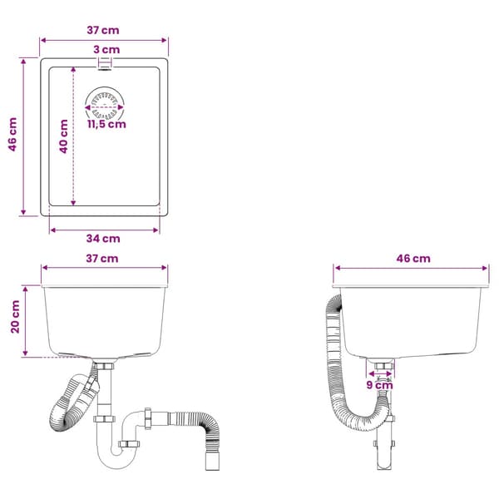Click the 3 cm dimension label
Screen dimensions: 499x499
106,50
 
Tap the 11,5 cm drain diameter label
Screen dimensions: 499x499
107,124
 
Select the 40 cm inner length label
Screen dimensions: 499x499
64,136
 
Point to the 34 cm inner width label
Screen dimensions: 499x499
103,239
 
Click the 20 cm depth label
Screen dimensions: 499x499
15,317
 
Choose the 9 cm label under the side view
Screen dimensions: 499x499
380,385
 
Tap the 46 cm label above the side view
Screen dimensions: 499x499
413,259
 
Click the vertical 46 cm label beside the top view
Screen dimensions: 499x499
12,134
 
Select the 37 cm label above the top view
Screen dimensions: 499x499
103,30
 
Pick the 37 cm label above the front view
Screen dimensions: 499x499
102,259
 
